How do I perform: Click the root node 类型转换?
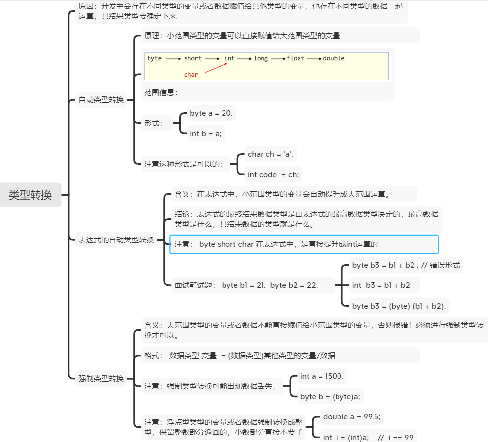(30, 195)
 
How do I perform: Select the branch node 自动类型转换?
(101, 100)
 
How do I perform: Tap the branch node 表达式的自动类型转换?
(116, 240)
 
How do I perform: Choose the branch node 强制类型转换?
(101, 379)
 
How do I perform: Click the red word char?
(191, 75)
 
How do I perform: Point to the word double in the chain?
(334, 58)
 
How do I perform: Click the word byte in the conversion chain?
(154, 58)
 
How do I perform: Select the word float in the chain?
(296, 58)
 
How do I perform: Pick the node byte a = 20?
(211, 113)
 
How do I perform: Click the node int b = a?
(206, 133)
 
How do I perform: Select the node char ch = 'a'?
(270, 154)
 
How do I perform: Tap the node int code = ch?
(273, 174)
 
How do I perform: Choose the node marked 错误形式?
(406, 265)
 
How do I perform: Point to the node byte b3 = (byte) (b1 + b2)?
(399, 306)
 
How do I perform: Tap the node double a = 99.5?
(352, 417)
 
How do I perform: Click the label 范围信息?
(161, 92)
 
